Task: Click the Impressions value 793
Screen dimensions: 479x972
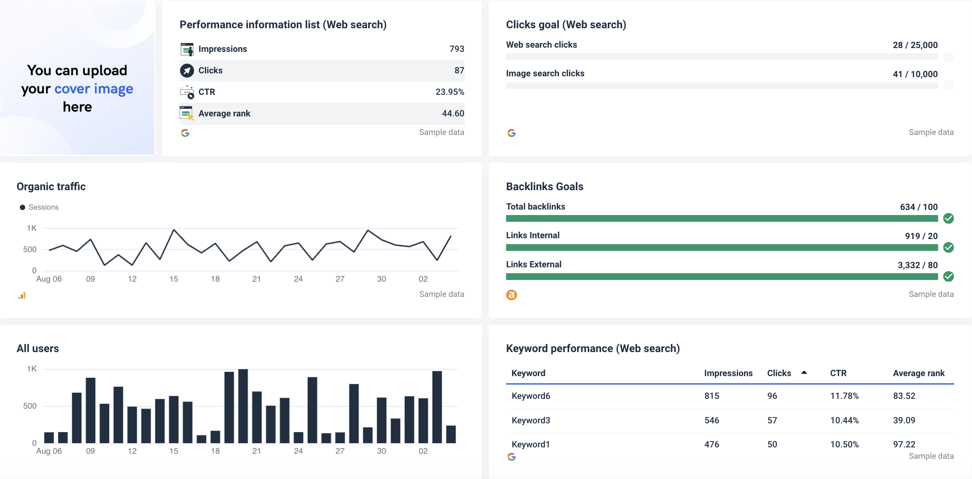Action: coord(456,49)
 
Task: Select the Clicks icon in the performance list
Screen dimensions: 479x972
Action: coord(187,70)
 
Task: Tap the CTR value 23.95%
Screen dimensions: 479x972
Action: coord(449,92)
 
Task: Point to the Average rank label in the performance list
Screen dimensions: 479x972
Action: coord(224,113)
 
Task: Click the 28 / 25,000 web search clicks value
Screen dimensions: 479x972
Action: coord(915,45)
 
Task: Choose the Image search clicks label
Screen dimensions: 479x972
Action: coord(545,73)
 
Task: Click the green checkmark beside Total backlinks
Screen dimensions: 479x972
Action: coord(948,218)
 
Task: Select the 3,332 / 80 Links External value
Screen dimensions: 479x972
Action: coord(917,265)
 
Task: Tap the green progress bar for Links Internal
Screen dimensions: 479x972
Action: coord(721,248)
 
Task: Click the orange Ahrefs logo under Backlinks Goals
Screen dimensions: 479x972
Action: coord(511,295)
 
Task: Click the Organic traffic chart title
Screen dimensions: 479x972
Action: coord(51,186)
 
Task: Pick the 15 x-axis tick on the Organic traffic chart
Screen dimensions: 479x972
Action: coord(174,279)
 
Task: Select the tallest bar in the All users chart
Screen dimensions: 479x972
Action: coord(243,406)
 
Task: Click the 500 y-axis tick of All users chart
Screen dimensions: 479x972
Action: coord(30,406)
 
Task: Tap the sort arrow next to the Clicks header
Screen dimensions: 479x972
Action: coord(804,373)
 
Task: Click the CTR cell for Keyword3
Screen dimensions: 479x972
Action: coord(844,420)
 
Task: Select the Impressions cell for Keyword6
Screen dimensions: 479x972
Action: coord(712,396)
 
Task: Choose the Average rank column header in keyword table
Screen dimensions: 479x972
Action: coord(918,373)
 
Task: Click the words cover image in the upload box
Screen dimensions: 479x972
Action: coord(94,89)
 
